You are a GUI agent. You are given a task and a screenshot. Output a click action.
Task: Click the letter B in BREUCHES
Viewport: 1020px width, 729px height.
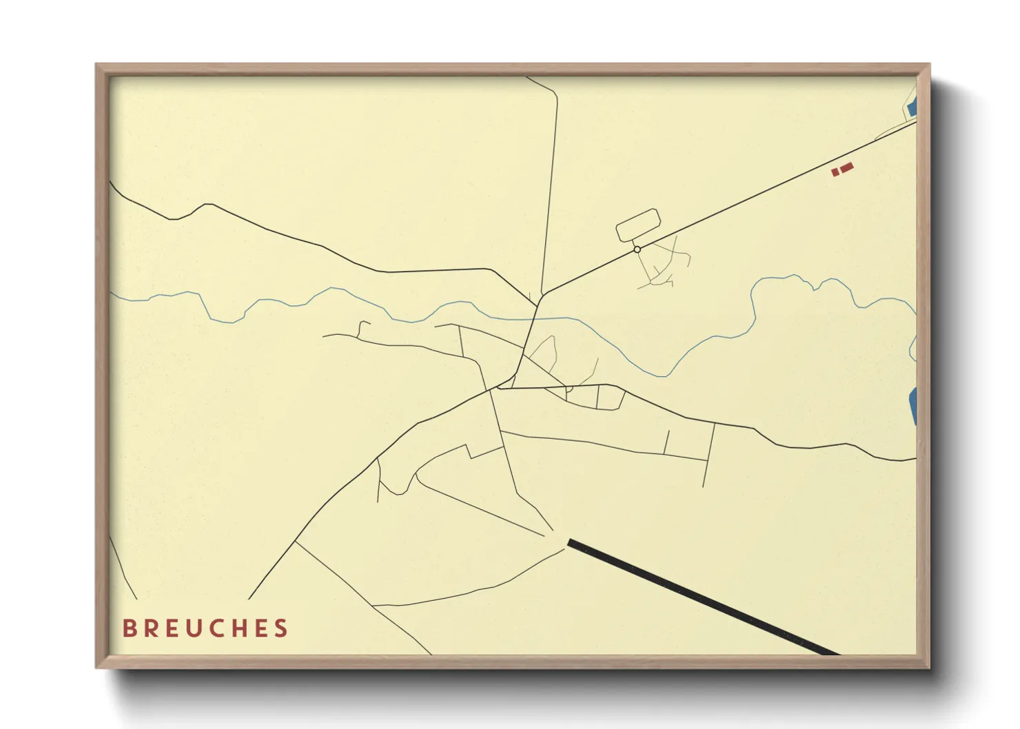coord(129,628)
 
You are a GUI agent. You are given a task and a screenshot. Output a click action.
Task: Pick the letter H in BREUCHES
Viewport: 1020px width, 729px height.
coord(241,628)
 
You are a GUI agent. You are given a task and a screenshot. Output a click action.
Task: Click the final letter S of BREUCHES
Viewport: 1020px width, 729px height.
coord(281,628)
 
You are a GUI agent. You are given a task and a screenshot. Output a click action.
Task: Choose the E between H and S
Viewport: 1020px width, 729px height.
coord(262,628)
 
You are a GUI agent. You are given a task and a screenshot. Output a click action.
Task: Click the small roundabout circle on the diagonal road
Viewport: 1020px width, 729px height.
coord(637,249)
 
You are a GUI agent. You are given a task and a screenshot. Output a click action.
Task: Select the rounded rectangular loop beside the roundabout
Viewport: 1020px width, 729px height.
coord(637,225)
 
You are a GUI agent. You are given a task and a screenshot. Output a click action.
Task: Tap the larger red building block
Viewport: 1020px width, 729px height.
coord(846,167)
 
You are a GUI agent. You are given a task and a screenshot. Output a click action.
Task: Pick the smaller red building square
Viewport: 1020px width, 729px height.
coord(835,172)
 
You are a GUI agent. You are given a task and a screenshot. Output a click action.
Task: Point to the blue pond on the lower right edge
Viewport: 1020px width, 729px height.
coord(913,405)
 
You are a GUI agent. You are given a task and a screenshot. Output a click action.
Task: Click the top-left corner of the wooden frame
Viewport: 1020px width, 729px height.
coord(96,65)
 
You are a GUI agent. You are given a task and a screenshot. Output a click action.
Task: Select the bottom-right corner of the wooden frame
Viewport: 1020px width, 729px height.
coord(929,667)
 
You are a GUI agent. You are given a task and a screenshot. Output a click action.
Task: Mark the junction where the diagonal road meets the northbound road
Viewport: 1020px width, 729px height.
coord(542,296)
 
